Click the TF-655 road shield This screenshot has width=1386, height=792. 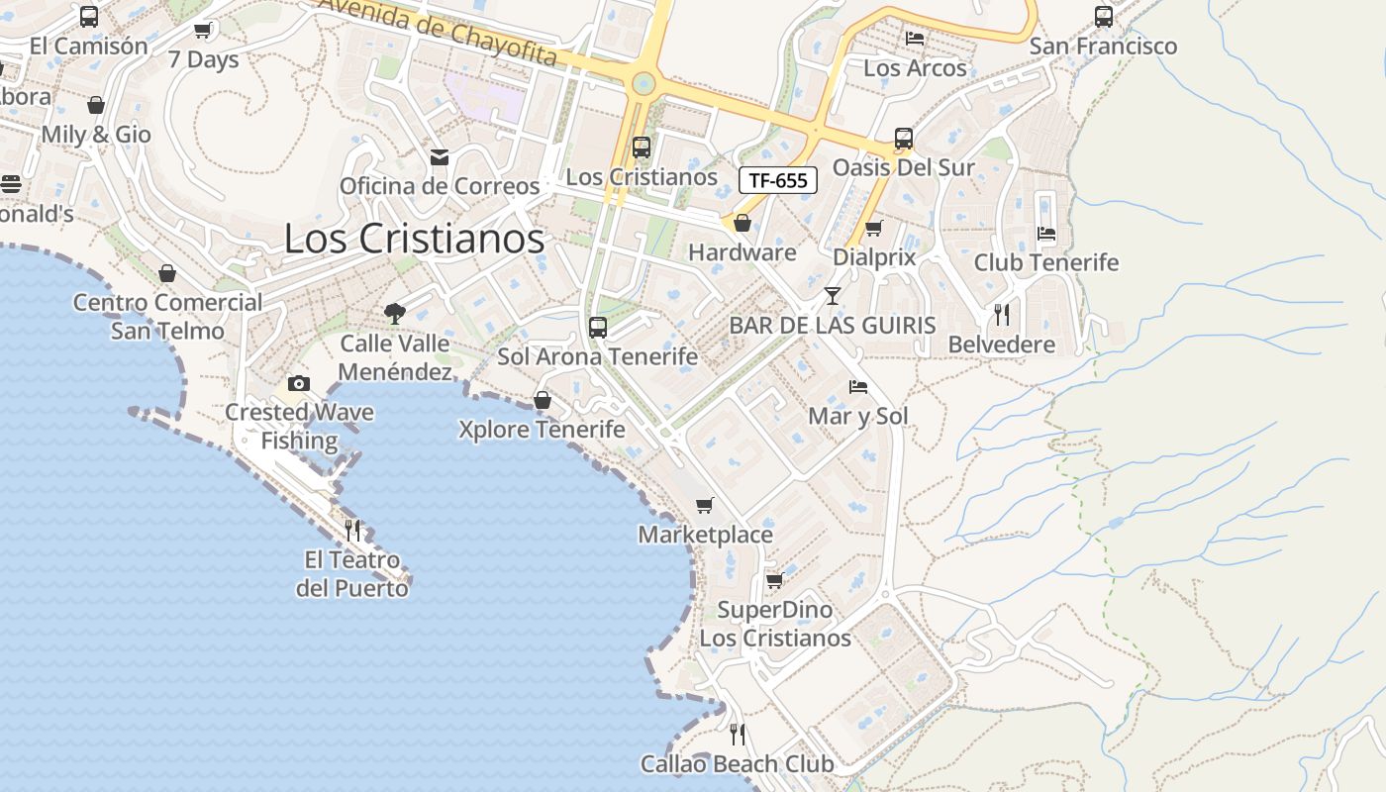coord(778,180)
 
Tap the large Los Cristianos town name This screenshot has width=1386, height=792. coord(414,239)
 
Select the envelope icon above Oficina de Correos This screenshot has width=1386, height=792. coord(440,157)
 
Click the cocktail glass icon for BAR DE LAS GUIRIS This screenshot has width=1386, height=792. coord(832,295)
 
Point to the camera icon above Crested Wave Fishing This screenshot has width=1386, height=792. coord(298,383)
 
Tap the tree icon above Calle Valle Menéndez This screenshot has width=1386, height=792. coord(395,314)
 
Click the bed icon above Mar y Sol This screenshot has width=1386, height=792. coord(858,387)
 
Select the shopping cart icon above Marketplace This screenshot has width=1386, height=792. coord(705,506)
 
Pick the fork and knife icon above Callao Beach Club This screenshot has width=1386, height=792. coord(738,734)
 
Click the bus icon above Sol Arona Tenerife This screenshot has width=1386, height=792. coord(597,327)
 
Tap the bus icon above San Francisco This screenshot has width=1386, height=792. coord(1104,16)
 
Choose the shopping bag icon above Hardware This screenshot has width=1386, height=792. coord(742,223)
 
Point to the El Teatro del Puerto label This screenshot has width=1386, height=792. coord(352,574)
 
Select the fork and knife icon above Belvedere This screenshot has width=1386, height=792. coord(1002,315)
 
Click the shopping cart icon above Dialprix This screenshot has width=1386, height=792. coord(873,229)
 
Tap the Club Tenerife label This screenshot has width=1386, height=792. coord(1046,262)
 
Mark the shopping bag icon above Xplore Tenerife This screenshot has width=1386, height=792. coord(543,400)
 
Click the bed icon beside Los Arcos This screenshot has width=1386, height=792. coord(915,38)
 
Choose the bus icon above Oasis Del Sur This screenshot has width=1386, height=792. coord(904,139)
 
